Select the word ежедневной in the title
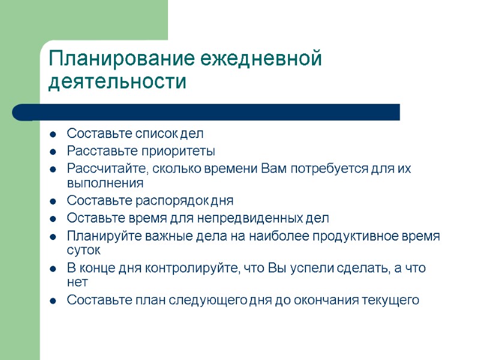261,59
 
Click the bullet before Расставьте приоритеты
53,151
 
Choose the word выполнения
105,182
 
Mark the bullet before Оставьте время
53,218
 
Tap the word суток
83,250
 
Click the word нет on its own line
77,282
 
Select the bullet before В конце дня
53,268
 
